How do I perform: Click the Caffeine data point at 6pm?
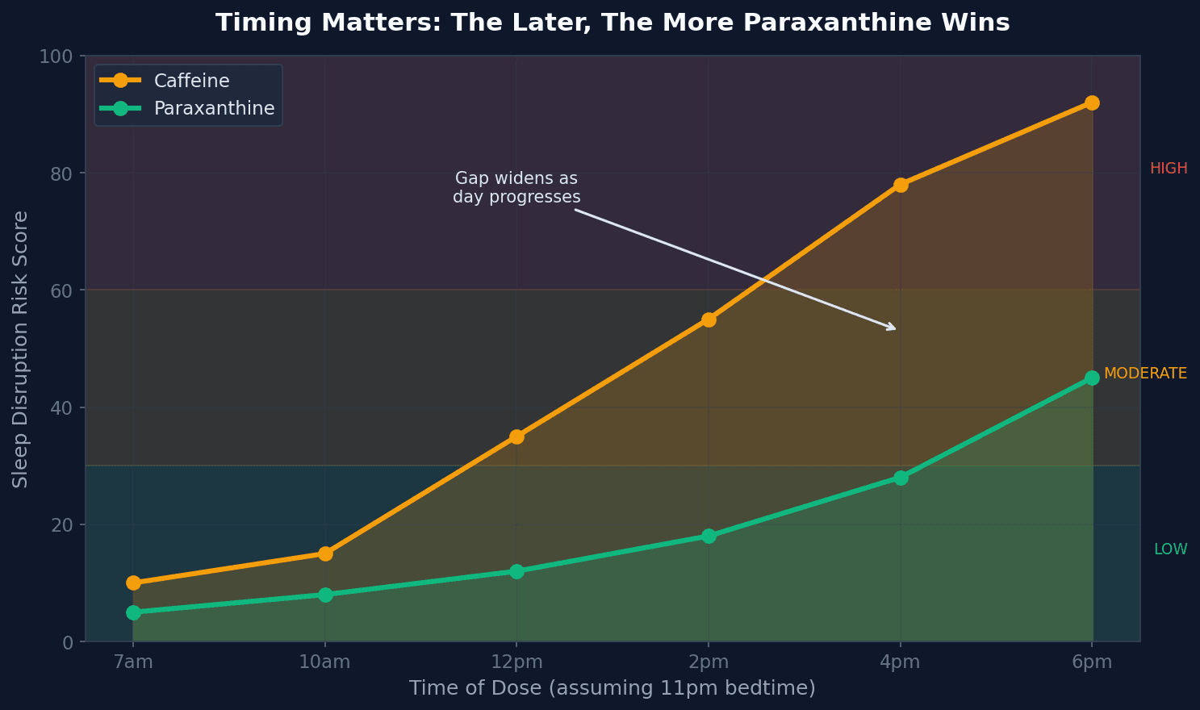pyautogui.click(x=1092, y=102)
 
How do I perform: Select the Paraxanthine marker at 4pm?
pyautogui.click(x=901, y=478)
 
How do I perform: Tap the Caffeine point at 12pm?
pyautogui.click(x=516, y=436)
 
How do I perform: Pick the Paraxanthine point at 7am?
pyautogui.click(x=133, y=612)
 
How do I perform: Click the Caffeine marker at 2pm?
pyautogui.click(x=709, y=319)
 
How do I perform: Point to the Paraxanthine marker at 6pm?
pyautogui.click(x=1092, y=378)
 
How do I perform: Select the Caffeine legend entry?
pyautogui.click(x=191, y=81)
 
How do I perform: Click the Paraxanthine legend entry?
pyautogui.click(x=214, y=108)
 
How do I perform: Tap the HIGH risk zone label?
pyautogui.click(x=1168, y=169)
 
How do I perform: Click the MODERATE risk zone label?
pyautogui.click(x=1145, y=374)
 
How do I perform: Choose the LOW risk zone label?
pyautogui.click(x=1170, y=549)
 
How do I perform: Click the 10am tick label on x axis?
pyautogui.click(x=324, y=662)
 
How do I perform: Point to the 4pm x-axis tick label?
pyautogui.click(x=901, y=662)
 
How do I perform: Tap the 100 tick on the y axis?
pyautogui.click(x=56, y=56)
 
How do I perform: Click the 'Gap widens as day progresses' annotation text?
pyautogui.click(x=516, y=187)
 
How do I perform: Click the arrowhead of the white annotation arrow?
pyautogui.click(x=893, y=328)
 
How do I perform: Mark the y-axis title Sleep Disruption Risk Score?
pyautogui.click(x=21, y=349)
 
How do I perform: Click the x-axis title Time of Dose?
pyautogui.click(x=612, y=688)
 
